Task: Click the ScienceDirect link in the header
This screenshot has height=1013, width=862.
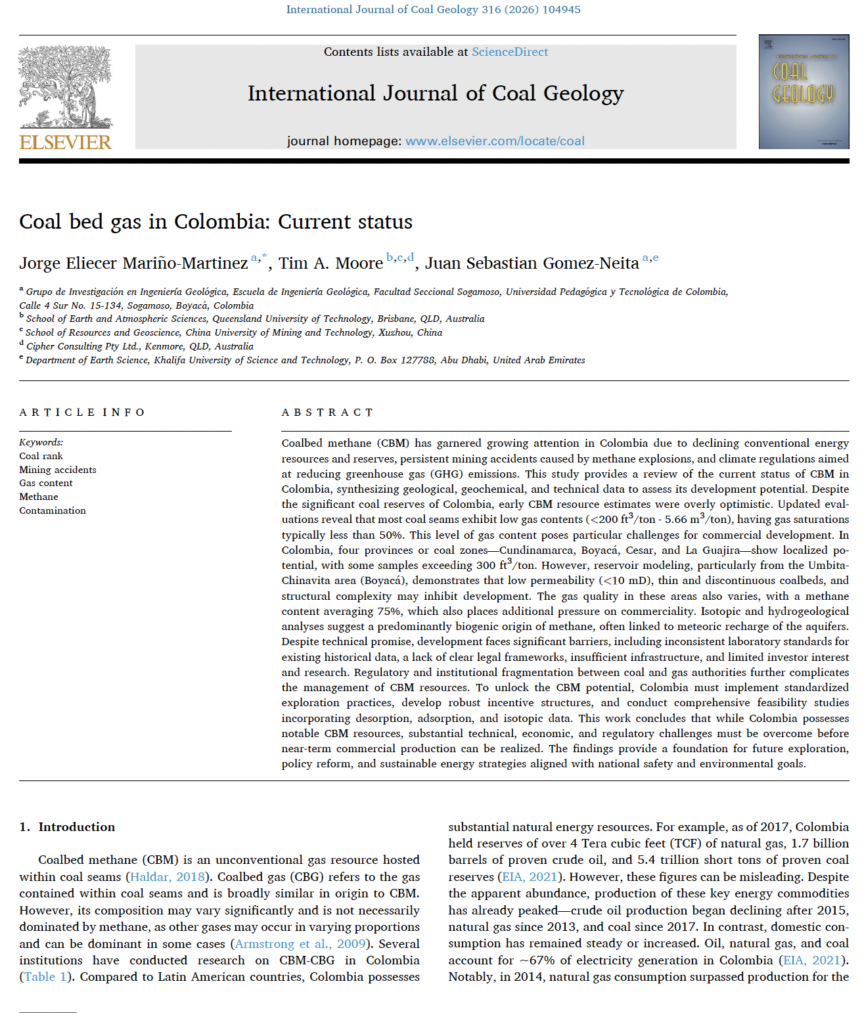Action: tap(509, 52)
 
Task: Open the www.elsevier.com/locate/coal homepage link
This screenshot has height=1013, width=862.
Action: tap(495, 141)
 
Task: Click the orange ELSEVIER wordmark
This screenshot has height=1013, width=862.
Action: tap(65, 142)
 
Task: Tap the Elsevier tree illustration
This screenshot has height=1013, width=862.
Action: tap(65, 87)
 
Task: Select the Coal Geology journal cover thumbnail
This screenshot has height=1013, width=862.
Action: tap(804, 91)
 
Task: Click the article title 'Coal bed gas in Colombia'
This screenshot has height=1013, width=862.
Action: tap(215, 222)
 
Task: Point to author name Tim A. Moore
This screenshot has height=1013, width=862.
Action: tap(330, 263)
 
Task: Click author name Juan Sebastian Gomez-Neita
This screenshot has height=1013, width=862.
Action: tap(532, 263)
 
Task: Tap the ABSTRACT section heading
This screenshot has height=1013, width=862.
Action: tap(327, 413)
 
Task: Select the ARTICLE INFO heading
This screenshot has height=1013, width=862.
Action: tap(82, 413)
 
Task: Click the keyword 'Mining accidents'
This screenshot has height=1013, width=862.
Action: tap(58, 470)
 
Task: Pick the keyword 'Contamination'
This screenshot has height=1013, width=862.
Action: tap(53, 510)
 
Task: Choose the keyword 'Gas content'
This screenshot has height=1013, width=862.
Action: tap(46, 483)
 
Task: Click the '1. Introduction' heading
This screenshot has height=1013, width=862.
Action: tap(67, 827)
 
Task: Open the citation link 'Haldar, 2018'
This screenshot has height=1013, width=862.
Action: tap(168, 877)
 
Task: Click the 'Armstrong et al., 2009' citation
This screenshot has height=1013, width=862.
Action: tap(300, 944)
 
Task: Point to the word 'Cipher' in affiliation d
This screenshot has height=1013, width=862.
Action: tap(41, 346)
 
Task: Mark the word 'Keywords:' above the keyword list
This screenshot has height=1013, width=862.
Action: tap(41, 442)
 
